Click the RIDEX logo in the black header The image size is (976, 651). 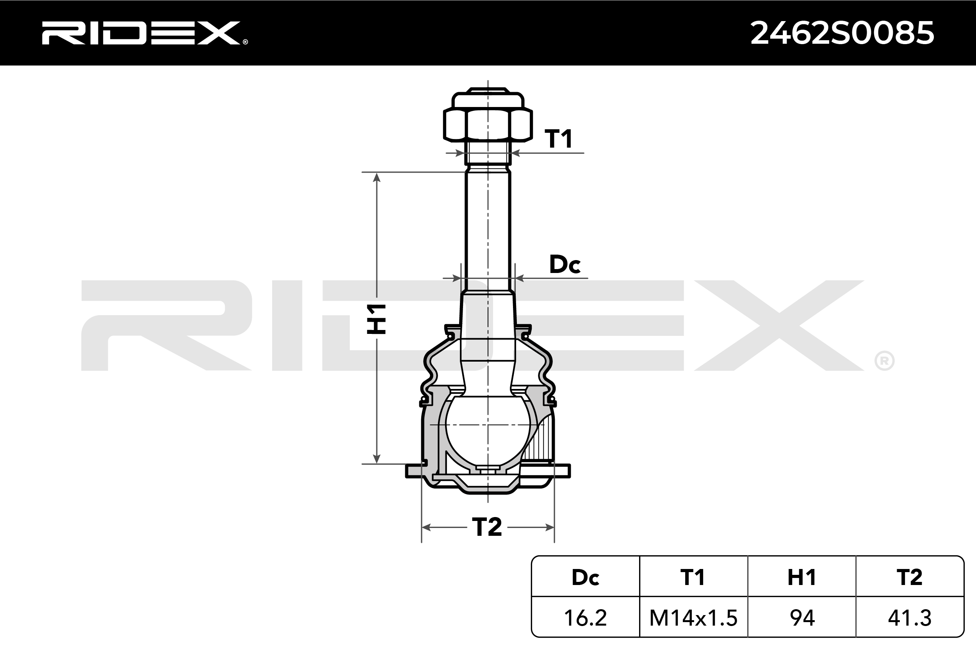144,33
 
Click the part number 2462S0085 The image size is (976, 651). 842,33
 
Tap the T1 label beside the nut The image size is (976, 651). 558,139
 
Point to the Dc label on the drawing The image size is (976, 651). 565,264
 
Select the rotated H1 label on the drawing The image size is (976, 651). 376,319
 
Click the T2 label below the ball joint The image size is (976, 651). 487,527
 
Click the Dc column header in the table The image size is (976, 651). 585,577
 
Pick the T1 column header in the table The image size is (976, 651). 693,577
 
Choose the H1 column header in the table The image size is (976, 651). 802,577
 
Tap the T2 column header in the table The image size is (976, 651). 910,577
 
